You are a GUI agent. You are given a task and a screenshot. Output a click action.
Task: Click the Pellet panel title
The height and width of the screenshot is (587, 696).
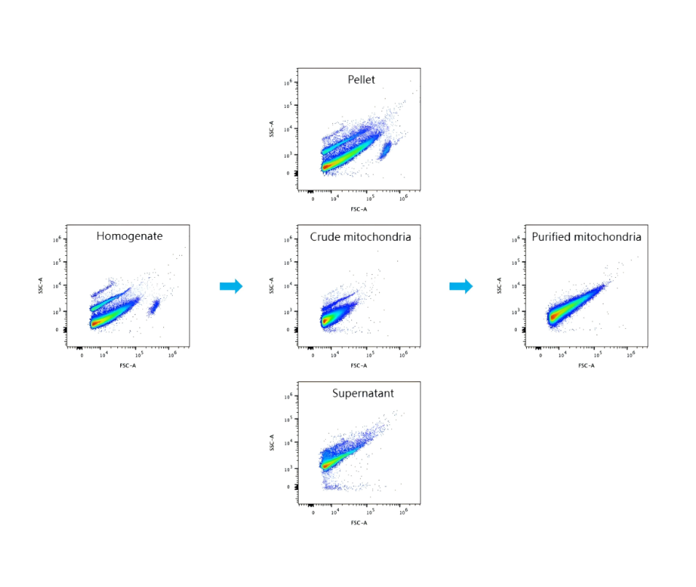[x=361, y=79]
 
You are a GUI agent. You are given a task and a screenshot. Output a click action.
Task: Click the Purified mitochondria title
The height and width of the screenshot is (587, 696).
[x=586, y=237]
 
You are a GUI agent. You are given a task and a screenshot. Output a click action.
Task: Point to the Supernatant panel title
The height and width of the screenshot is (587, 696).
[x=363, y=394]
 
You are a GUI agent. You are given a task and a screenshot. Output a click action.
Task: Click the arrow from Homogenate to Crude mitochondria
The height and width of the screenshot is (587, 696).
[x=231, y=286]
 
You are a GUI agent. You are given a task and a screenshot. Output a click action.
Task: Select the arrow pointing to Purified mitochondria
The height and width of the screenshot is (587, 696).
[x=461, y=286]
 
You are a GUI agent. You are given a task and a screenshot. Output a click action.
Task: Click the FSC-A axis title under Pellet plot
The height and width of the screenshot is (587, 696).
[x=359, y=209]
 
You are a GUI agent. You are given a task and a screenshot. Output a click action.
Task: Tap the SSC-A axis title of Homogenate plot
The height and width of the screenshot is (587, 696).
[x=42, y=285]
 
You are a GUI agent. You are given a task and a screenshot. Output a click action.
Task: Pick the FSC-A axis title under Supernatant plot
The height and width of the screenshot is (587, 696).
[x=359, y=523]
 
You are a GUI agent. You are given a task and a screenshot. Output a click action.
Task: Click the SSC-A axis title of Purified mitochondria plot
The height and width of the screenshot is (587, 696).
[x=500, y=285]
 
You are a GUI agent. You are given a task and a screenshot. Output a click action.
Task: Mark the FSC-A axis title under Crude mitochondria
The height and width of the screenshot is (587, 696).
[x=359, y=365]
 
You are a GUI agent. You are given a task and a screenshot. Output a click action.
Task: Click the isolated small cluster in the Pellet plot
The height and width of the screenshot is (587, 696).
[x=383, y=150]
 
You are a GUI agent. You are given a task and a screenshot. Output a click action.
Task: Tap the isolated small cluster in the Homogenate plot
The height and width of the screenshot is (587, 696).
[x=154, y=307]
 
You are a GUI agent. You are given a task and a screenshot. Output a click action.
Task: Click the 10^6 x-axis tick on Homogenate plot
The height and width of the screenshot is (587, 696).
[x=172, y=355]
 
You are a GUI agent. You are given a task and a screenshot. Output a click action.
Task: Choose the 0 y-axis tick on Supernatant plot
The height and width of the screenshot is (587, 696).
[x=289, y=486]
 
